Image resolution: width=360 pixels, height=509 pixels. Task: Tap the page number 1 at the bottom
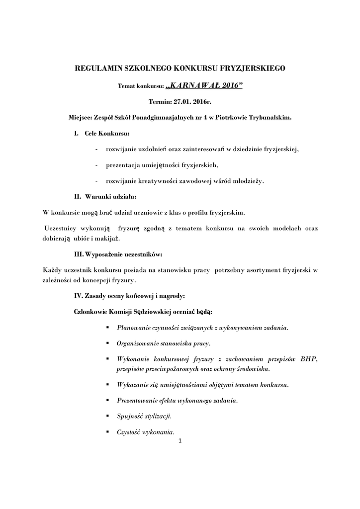click(180, 440)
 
